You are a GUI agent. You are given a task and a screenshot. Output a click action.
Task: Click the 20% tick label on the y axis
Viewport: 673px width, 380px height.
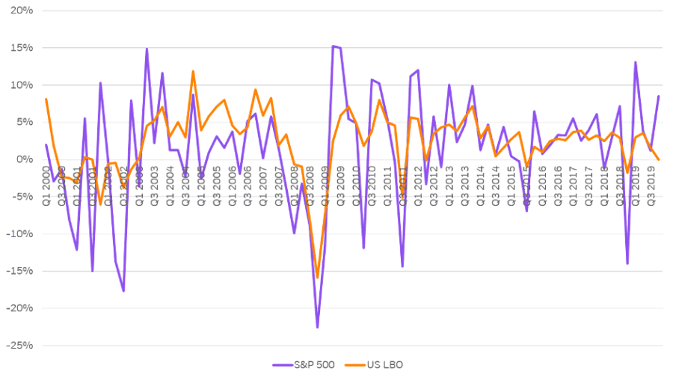click(21, 11)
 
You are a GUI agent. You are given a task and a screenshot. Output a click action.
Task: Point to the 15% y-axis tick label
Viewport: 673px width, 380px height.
click(21, 48)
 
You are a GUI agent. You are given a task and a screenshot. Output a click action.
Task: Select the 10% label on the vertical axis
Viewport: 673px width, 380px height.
click(21, 85)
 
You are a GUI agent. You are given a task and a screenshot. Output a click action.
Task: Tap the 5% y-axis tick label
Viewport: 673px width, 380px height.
click(23, 123)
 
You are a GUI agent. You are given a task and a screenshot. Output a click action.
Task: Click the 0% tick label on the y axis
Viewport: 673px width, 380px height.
click(23, 159)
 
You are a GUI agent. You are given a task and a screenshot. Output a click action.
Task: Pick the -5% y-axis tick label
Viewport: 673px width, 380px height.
click(22, 197)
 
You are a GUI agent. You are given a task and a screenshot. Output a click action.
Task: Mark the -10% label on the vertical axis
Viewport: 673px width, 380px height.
click(19, 234)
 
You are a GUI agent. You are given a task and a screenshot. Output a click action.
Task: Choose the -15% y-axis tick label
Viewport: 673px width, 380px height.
click(19, 272)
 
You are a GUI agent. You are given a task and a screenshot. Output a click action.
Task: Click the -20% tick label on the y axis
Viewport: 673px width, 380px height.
click(19, 308)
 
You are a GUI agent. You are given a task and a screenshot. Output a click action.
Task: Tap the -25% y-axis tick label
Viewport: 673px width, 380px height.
click(19, 346)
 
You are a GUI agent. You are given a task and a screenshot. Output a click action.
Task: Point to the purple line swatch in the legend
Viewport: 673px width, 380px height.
click(282, 364)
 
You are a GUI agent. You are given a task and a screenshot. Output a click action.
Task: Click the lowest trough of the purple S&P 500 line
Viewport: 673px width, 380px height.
click(317, 328)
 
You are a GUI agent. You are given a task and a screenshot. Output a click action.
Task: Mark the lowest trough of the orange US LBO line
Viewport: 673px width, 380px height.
click(317, 278)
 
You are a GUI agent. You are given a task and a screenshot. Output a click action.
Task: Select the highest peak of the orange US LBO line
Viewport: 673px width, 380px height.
click(193, 71)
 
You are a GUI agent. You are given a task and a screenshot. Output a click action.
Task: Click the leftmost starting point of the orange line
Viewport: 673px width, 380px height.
click(46, 99)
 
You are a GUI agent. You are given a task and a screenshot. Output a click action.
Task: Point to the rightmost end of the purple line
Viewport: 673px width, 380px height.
click(659, 96)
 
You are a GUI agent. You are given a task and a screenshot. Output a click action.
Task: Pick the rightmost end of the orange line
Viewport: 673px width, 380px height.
click(659, 159)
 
